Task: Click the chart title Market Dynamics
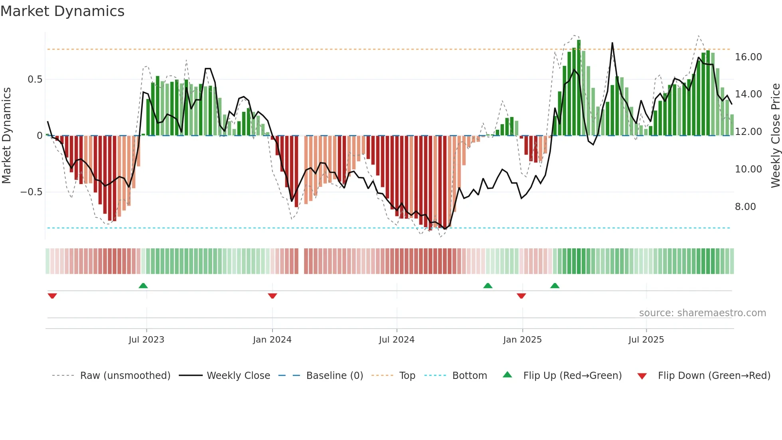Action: click(x=62, y=11)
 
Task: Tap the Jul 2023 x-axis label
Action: click(x=146, y=340)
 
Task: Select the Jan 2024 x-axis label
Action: click(x=272, y=340)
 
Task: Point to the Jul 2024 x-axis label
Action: click(x=397, y=340)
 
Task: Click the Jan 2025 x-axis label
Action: click(x=522, y=340)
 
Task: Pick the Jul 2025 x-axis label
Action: click(x=646, y=340)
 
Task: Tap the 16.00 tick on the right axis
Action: click(x=748, y=57)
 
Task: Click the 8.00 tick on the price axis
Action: click(x=745, y=207)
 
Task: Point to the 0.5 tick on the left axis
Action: click(x=35, y=79)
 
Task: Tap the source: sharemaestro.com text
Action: click(x=702, y=313)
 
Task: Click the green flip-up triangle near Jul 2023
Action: click(x=143, y=285)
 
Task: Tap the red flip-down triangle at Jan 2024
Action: click(x=273, y=296)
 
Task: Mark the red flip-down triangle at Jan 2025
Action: click(x=521, y=296)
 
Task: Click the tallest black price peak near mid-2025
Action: click(x=612, y=44)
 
